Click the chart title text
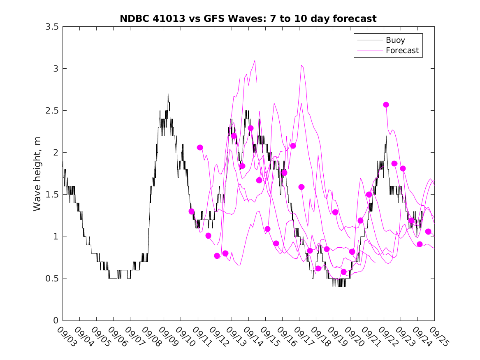pos(248,19)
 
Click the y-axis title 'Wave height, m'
pos(37,174)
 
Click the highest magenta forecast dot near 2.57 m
pos(386,105)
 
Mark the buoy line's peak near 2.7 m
pos(168,94)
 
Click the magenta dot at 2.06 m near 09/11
pos(200,147)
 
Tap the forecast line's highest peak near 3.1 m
pos(255,60)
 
